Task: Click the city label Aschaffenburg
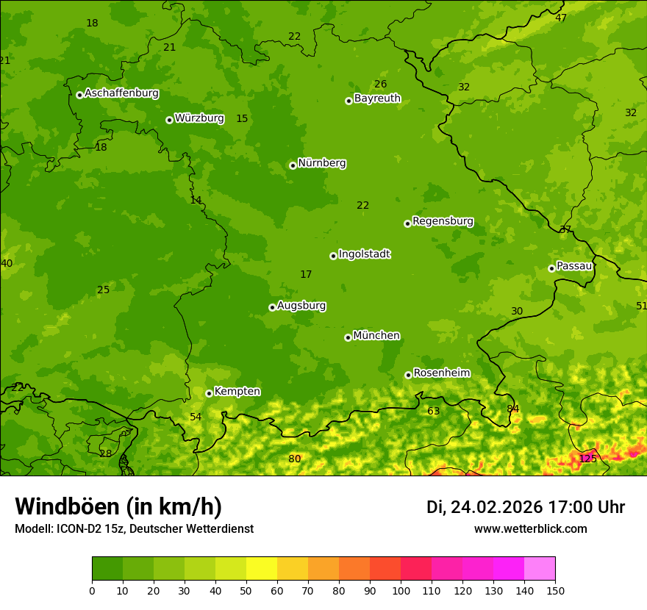click(x=121, y=93)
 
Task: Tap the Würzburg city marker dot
click(x=169, y=120)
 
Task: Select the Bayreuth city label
click(x=377, y=98)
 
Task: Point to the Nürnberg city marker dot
click(x=293, y=165)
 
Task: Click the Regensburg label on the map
click(x=443, y=221)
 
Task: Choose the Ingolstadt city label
click(x=364, y=254)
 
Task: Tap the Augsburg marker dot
click(x=272, y=307)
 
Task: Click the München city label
click(x=376, y=336)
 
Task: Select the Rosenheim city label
click(x=441, y=373)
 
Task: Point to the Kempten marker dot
click(x=209, y=393)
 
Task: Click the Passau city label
click(x=574, y=266)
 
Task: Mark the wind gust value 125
click(x=587, y=459)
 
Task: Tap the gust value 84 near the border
click(x=512, y=409)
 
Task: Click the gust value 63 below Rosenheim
click(x=433, y=411)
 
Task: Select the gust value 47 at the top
click(x=561, y=18)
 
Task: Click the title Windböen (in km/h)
click(x=118, y=506)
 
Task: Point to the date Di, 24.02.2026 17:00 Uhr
click(x=526, y=507)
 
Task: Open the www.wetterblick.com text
click(x=530, y=528)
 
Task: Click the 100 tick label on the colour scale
click(x=401, y=589)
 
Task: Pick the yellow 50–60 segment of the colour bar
click(x=262, y=568)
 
